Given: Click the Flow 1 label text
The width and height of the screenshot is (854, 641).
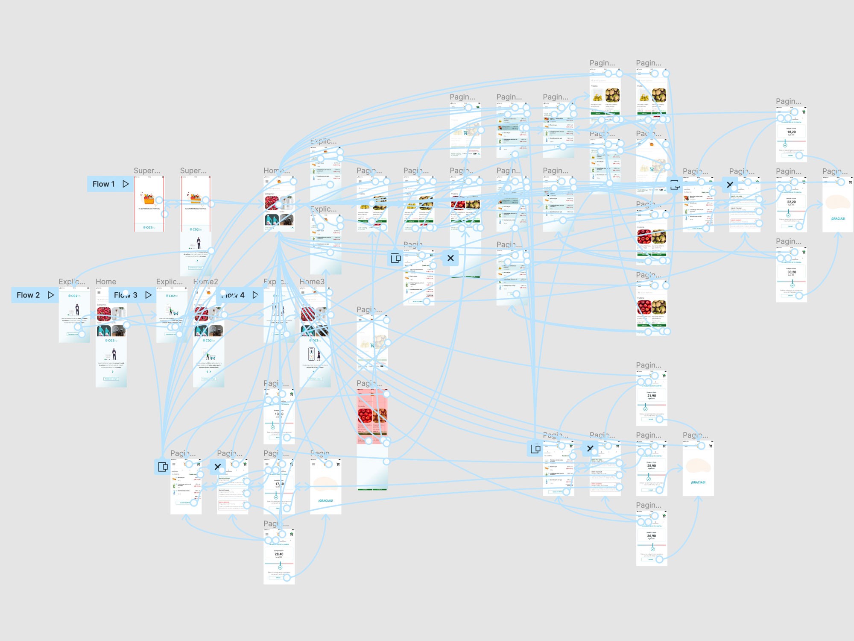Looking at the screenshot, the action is coord(104,184).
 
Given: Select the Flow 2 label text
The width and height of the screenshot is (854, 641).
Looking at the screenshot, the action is coord(28,295).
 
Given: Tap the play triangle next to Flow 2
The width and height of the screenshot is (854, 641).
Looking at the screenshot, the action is coord(51,295).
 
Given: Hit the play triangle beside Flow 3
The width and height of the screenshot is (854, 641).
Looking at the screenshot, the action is coord(148,295).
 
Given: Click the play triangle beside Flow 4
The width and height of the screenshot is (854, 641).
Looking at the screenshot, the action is coord(255,295).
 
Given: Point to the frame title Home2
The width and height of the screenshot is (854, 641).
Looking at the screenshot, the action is coord(205,282).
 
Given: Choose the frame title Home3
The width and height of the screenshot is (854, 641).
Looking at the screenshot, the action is coord(312,282).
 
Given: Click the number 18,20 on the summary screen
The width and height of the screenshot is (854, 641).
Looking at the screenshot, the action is coord(791,132).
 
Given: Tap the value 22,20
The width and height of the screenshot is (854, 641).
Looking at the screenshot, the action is coord(791,202).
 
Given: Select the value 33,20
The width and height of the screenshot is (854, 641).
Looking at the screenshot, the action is coord(791,272).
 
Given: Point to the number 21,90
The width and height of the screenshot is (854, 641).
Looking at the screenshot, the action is coord(651,396).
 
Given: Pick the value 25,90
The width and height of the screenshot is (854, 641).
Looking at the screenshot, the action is coord(651,466).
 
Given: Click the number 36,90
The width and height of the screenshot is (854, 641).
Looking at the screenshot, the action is coord(651,536).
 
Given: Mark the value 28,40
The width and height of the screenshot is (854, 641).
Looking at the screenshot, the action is coord(279,554).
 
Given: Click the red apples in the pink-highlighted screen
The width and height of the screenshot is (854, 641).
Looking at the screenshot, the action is coord(365,415).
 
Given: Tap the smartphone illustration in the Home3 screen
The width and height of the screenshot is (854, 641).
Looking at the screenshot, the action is coord(311,354).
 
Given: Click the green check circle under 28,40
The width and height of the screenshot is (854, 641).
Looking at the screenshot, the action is coord(280,567).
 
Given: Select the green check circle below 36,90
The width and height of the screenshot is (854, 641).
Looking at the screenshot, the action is coord(652,549).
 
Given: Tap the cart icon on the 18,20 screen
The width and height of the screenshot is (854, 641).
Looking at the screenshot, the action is coord(804,112).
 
